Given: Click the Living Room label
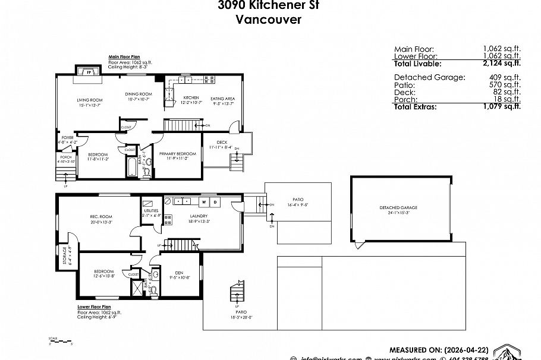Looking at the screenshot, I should click(90, 100).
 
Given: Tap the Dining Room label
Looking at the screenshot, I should click(139, 94).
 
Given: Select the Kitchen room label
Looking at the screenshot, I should click(190, 97).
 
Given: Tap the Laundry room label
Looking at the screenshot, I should click(198, 216).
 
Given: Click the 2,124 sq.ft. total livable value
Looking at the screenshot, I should click(501, 63).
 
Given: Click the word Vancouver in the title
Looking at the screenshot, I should click(269, 19).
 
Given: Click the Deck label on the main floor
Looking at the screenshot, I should click(222, 143).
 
